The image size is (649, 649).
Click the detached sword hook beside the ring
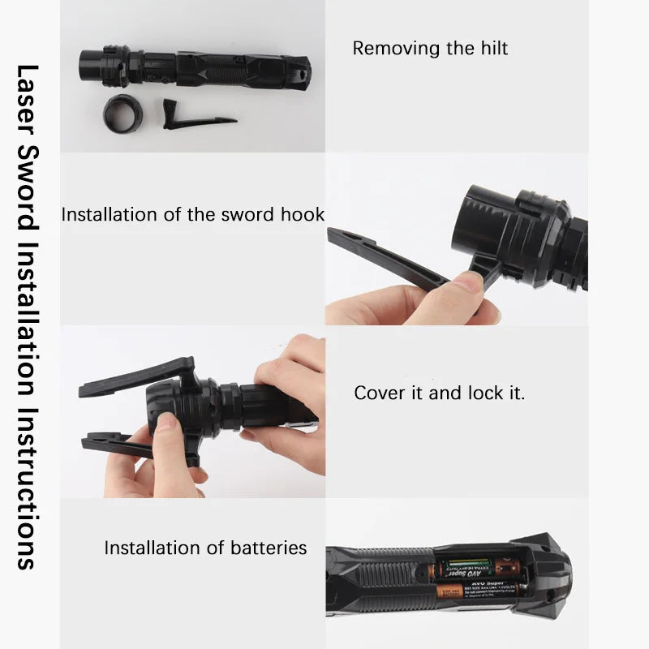pos(195,115)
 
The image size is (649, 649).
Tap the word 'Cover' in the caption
pos(378,393)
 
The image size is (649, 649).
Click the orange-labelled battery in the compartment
pos(479,590)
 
